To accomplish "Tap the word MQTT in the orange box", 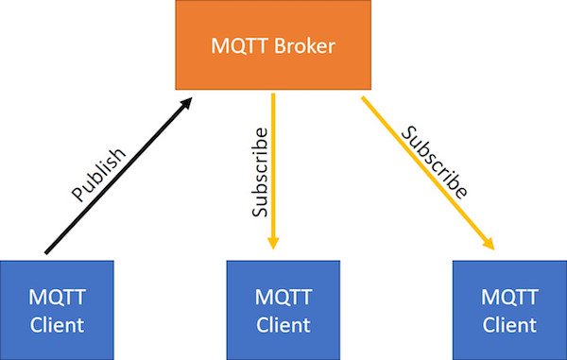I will point(241,45).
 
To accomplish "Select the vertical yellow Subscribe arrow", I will point(273,170).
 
